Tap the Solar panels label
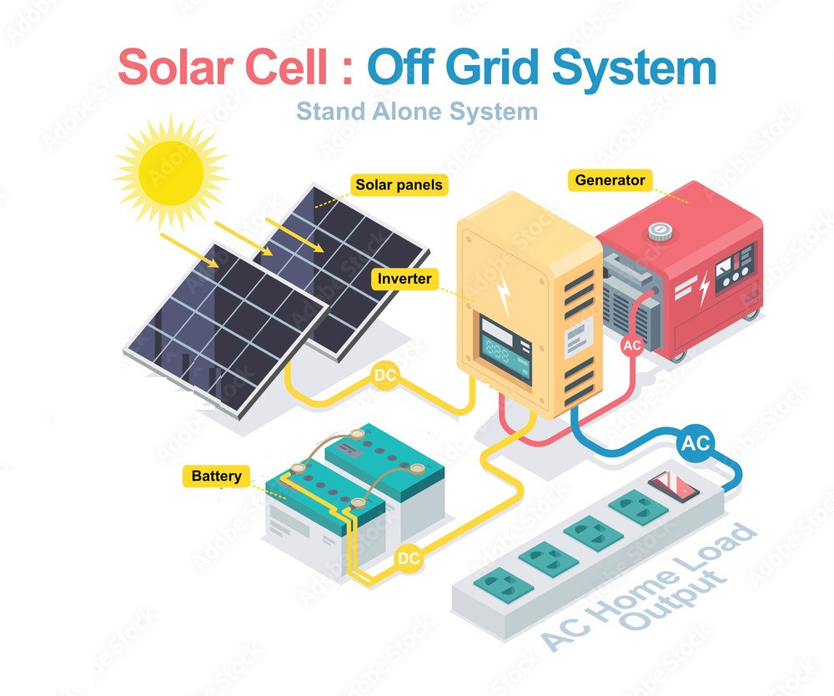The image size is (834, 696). [x=399, y=184]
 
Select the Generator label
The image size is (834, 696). [x=610, y=180]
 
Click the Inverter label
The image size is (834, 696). [x=405, y=279]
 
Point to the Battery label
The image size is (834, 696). [x=216, y=477]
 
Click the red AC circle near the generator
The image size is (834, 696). [x=633, y=345]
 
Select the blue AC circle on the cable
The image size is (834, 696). [x=695, y=445]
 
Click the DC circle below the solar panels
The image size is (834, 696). [x=385, y=376]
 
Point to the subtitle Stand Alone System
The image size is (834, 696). [x=417, y=110]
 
